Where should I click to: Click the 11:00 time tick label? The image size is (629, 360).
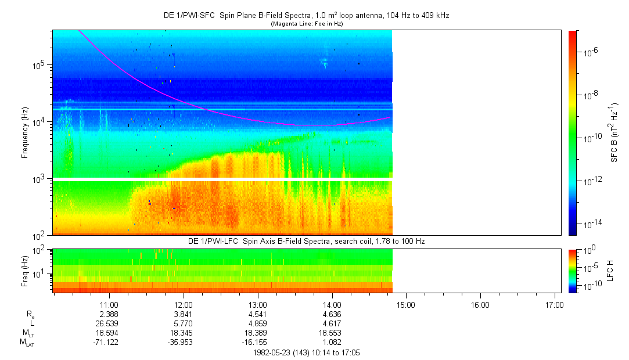[x=109, y=304]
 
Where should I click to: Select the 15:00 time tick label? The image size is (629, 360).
[x=406, y=304]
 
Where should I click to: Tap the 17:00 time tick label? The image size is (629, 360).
[x=554, y=304]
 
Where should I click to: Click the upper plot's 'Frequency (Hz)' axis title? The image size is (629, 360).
[x=26, y=132]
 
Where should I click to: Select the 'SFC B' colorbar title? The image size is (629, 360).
[x=614, y=132]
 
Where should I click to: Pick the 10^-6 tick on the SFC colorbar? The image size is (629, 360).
[x=591, y=52]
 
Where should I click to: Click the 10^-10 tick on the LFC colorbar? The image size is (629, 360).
[x=592, y=286]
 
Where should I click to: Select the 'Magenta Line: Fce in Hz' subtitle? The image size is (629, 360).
[x=307, y=24]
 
